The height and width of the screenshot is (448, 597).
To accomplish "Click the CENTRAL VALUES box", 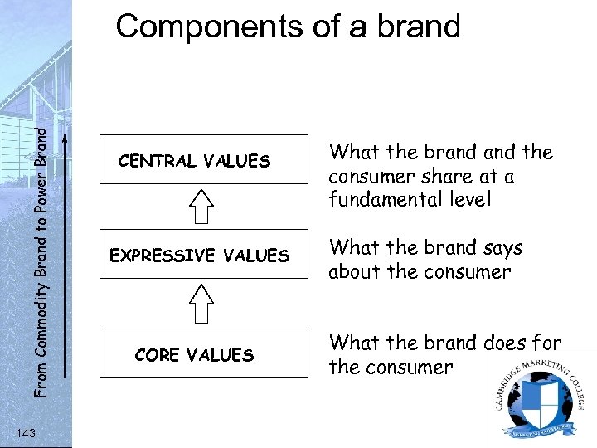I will click(x=202, y=161).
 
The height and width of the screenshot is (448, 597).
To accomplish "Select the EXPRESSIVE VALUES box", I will click(x=202, y=256).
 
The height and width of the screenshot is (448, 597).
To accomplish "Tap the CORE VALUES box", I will click(x=202, y=355).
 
